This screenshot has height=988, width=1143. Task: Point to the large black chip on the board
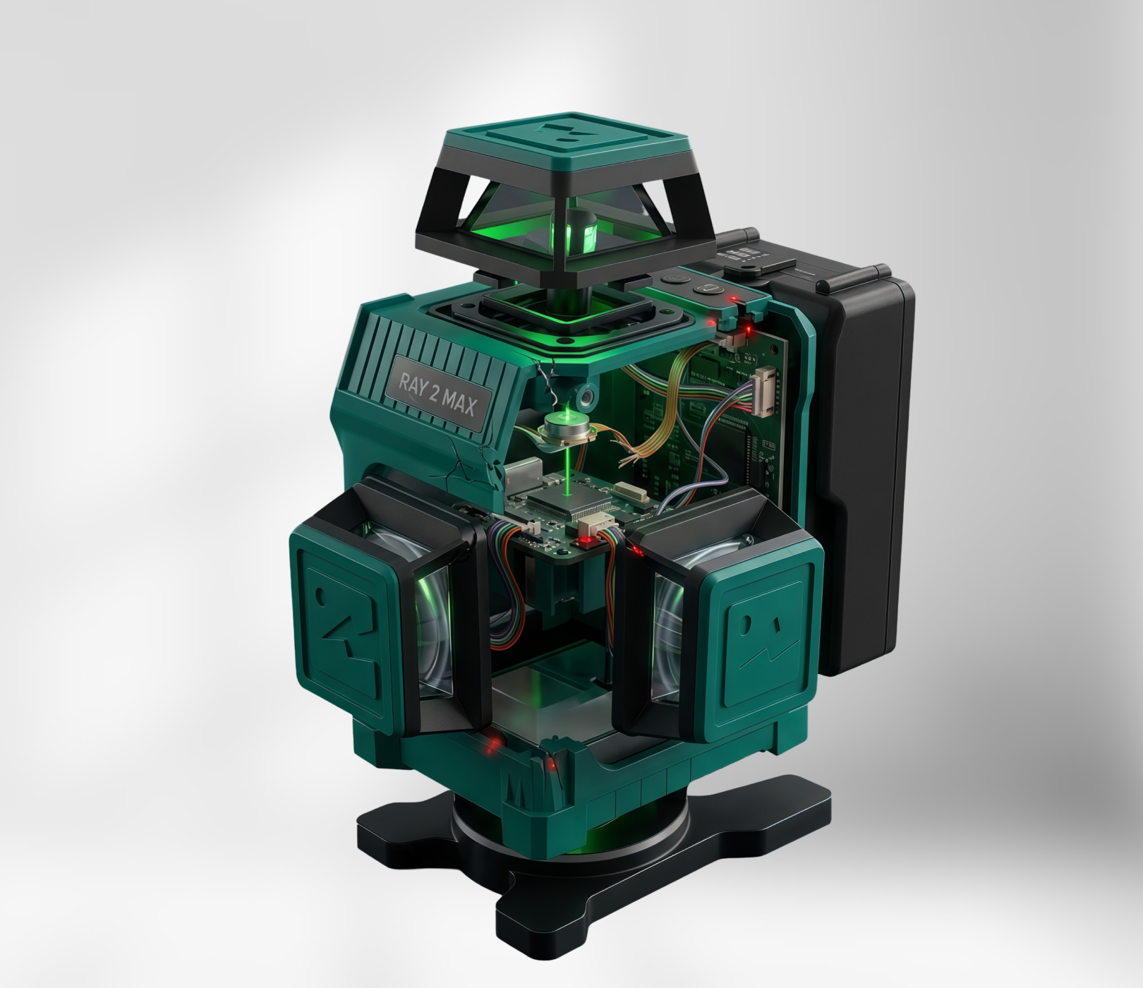click(564, 502)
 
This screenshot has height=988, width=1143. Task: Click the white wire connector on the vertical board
click(764, 392)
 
